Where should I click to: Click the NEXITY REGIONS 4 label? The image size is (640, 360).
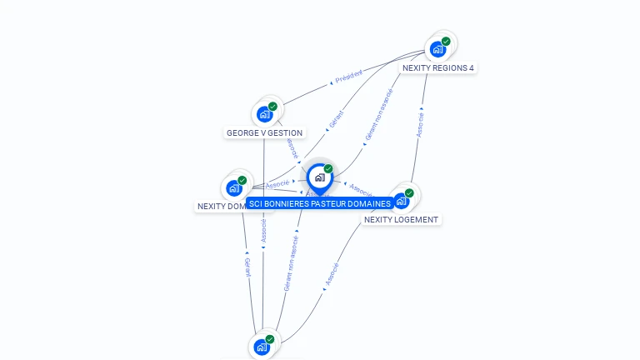(x=437, y=67)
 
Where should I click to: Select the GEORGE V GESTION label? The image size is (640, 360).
(x=264, y=132)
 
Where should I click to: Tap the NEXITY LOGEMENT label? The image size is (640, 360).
(x=401, y=219)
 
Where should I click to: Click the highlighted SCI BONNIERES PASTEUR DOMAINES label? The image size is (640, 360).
(x=319, y=203)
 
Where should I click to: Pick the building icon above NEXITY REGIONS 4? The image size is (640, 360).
(x=437, y=49)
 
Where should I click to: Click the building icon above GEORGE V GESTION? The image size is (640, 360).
(x=265, y=114)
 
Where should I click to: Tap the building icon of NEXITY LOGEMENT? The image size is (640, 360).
(x=402, y=201)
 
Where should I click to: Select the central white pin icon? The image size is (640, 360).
(x=319, y=177)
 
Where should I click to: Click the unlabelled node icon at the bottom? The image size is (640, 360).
(x=262, y=347)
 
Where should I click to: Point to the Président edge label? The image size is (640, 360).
(x=348, y=77)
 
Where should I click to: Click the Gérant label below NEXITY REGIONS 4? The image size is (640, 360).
(x=336, y=118)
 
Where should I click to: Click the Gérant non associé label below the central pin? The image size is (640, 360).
(x=291, y=262)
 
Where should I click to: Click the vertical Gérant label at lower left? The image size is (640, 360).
(x=247, y=267)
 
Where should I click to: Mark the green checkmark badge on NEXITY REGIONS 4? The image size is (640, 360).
(x=446, y=41)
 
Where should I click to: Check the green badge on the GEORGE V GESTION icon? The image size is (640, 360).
(x=272, y=107)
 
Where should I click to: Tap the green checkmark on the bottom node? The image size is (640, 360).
(x=270, y=339)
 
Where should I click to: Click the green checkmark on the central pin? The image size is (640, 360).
(x=328, y=168)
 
